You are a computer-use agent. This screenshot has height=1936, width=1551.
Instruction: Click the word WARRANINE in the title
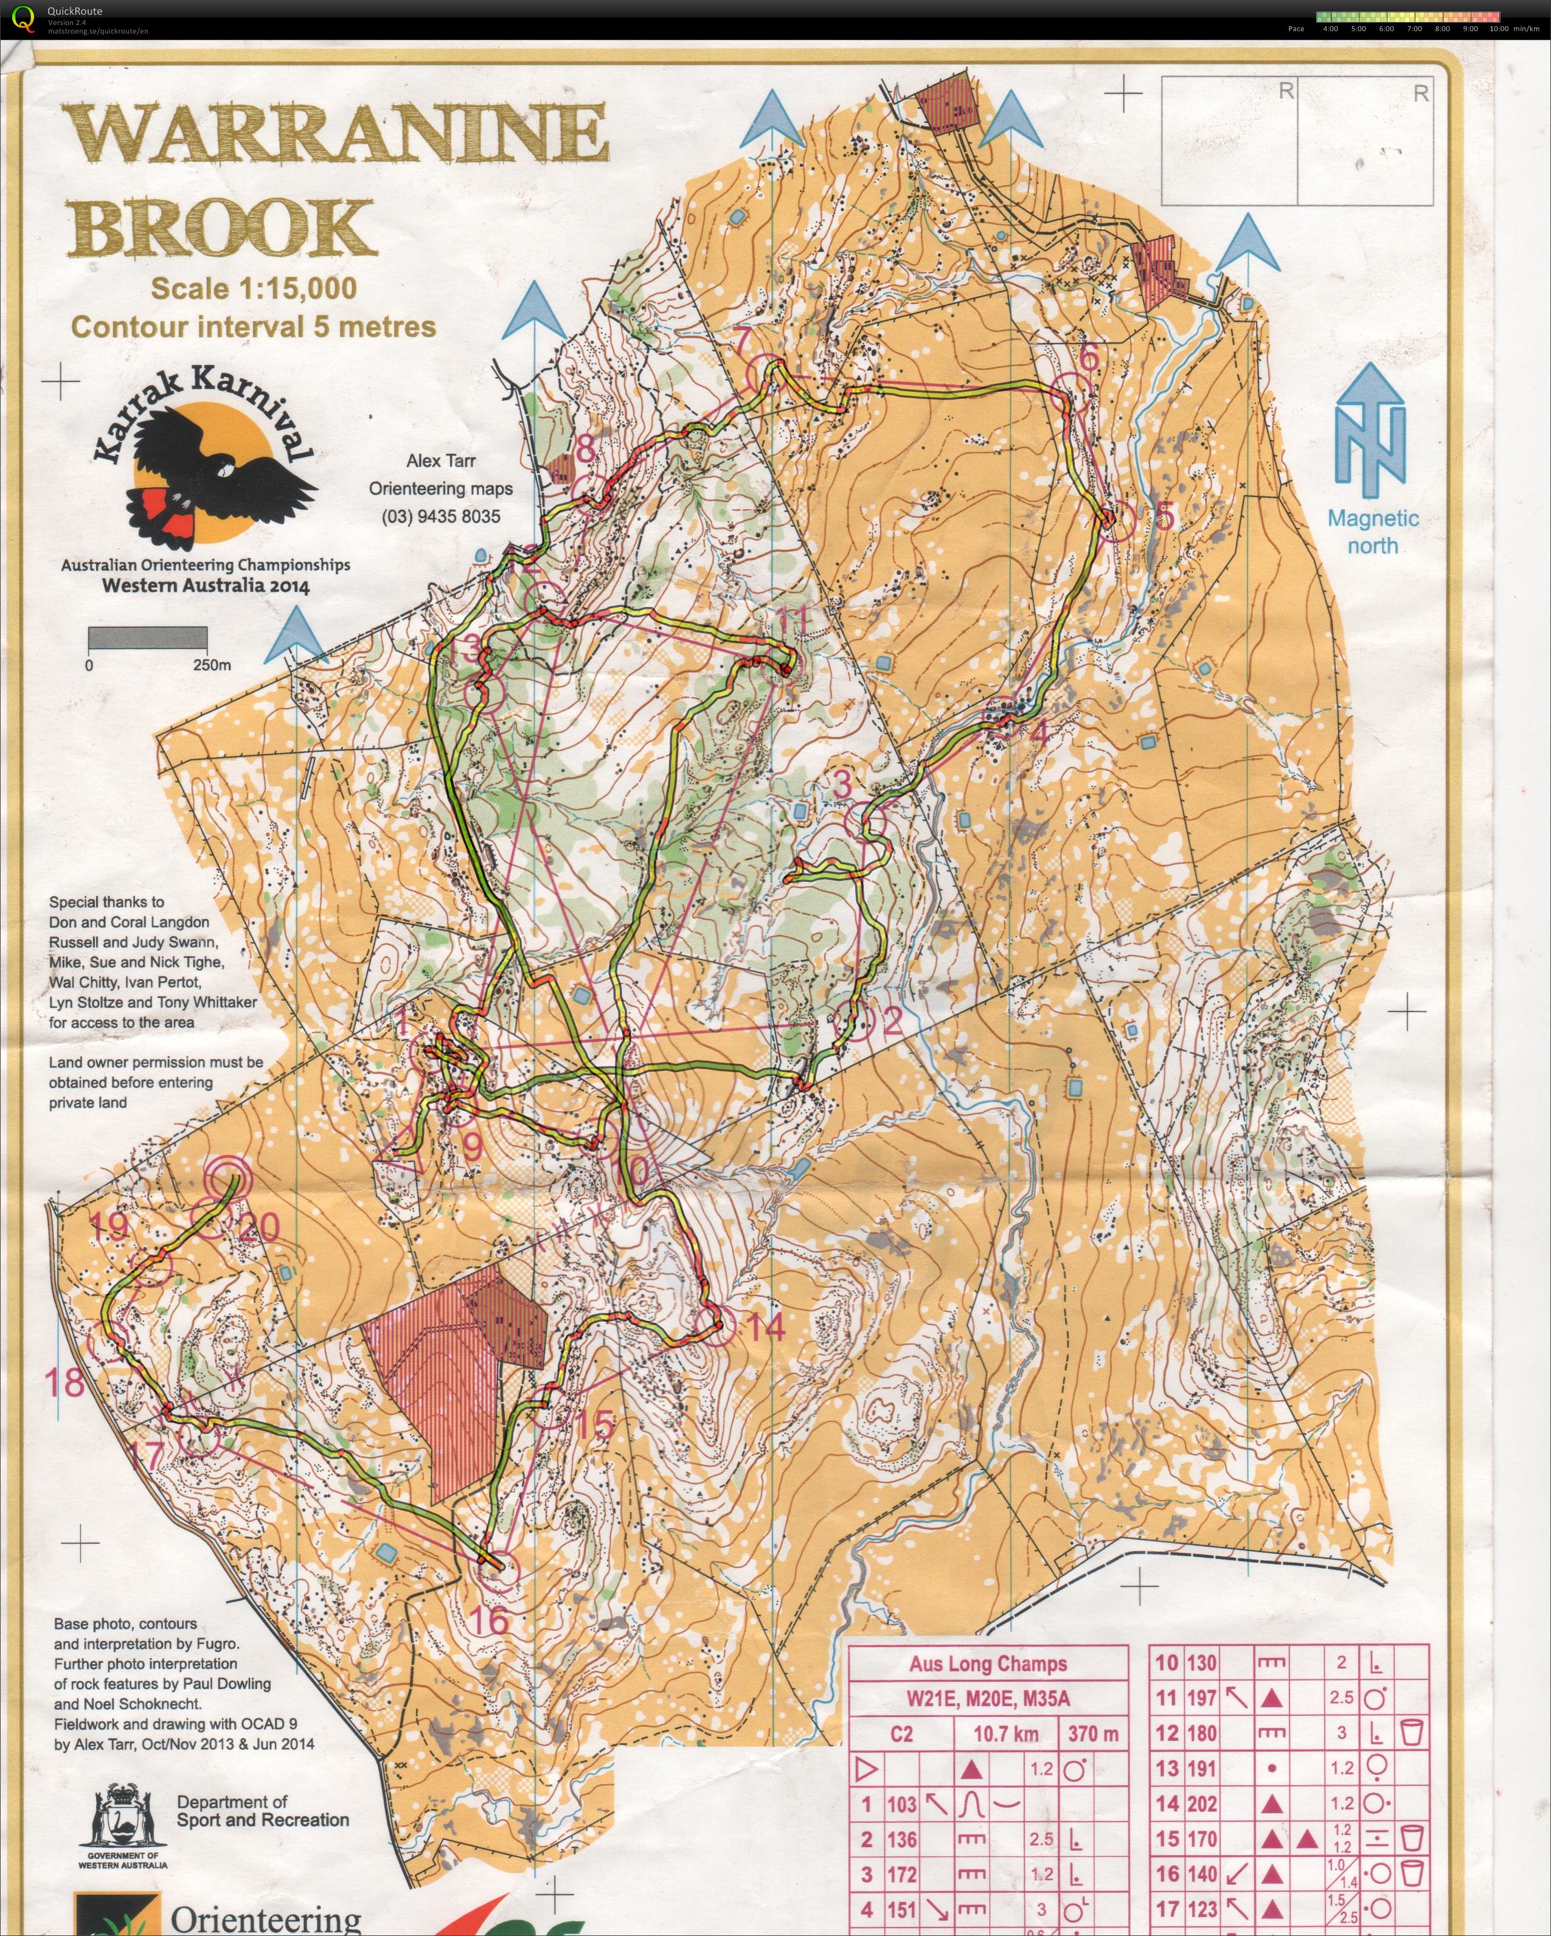[334, 133]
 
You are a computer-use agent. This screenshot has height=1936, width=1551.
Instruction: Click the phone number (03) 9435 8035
[441, 516]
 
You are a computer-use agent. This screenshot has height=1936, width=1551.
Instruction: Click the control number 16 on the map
[490, 1619]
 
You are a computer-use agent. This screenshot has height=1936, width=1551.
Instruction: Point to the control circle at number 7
[766, 371]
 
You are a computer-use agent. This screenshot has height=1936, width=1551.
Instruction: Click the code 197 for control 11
[1202, 1698]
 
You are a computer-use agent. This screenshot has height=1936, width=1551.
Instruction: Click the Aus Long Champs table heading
[988, 1664]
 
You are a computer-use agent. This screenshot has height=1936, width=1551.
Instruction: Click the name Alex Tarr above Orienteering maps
[441, 460]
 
